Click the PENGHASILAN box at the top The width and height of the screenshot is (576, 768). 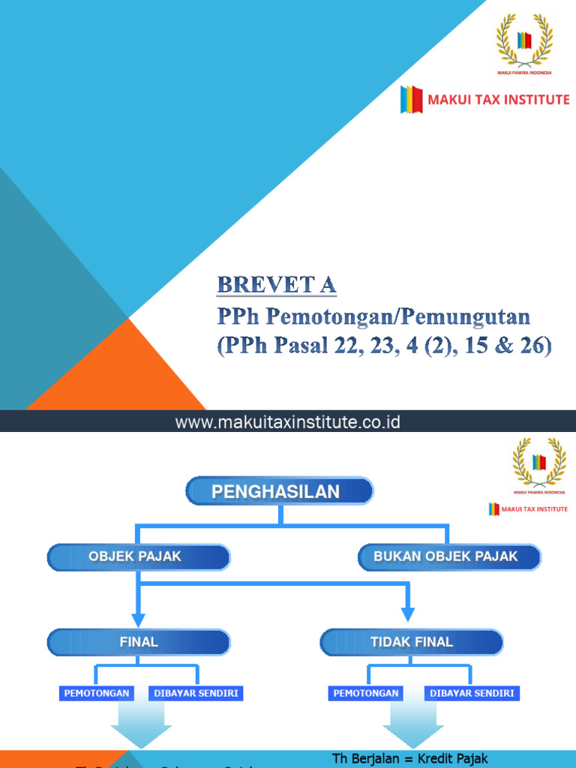click(x=279, y=492)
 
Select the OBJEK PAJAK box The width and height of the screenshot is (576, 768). click(x=139, y=557)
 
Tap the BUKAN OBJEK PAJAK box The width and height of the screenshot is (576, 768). click(x=448, y=557)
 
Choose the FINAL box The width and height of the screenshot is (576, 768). click(x=139, y=642)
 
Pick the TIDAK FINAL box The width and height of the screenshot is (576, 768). click(x=412, y=642)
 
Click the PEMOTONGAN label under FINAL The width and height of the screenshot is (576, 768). click(x=97, y=694)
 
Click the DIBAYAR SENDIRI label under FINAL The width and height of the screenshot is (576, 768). click(x=196, y=694)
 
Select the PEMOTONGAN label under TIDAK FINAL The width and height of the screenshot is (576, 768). click(x=366, y=694)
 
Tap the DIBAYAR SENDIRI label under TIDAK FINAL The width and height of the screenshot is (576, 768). click(x=472, y=694)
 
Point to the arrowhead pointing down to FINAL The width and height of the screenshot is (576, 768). click(x=137, y=619)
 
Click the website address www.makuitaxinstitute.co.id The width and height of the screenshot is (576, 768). click(x=288, y=423)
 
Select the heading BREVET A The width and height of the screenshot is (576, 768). click(x=277, y=286)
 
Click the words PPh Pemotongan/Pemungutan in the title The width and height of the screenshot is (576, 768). click(x=373, y=316)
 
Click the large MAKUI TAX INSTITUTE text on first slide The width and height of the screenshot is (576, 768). click(x=498, y=99)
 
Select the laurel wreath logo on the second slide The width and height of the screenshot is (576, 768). click(x=538, y=463)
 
